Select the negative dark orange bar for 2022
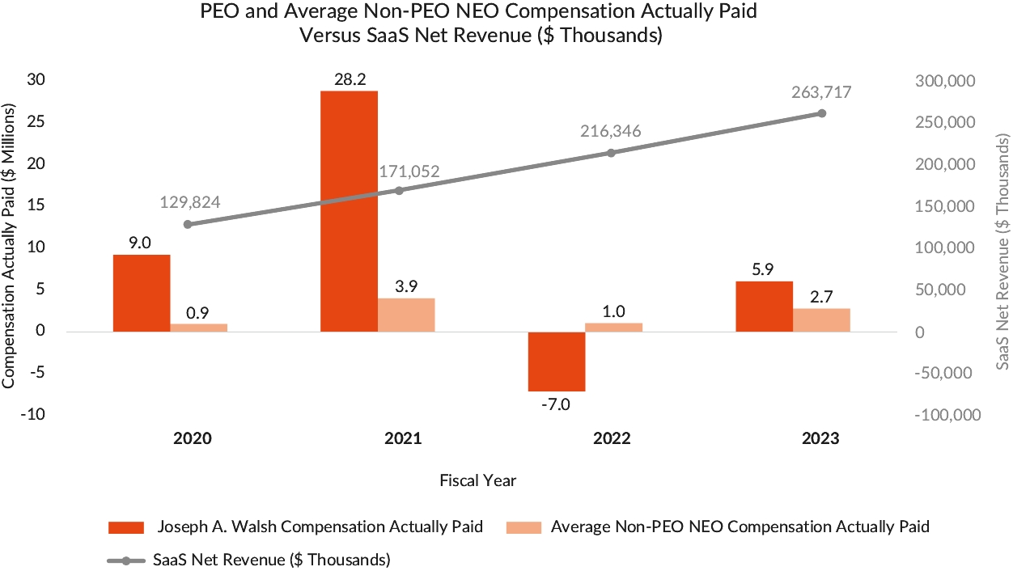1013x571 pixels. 557,362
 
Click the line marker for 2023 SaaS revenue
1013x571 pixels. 821,113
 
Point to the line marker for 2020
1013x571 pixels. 188,224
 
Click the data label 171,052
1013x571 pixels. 410,171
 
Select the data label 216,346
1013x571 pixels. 610,131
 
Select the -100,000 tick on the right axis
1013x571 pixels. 947,416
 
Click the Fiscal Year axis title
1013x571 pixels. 478,480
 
